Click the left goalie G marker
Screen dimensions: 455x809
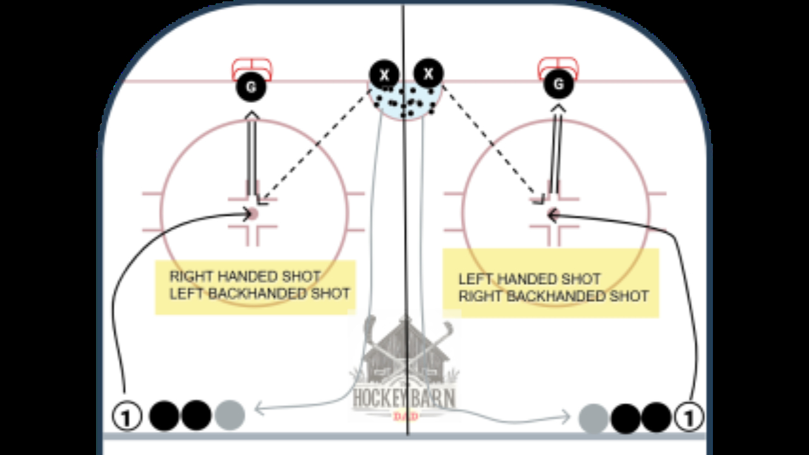[251, 87]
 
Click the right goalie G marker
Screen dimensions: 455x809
[558, 84]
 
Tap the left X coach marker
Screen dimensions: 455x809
[384, 75]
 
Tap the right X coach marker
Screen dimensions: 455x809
[429, 73]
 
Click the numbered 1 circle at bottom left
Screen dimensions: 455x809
[128, 417]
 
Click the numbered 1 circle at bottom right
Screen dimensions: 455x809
[688, 417]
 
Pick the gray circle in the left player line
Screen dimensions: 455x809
[229, 415]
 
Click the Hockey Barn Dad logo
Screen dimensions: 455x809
[405, 373]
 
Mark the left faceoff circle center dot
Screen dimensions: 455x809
[252, 214]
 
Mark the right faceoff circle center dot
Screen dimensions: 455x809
[554, 212]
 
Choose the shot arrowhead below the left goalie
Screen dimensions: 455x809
[252, 115]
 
